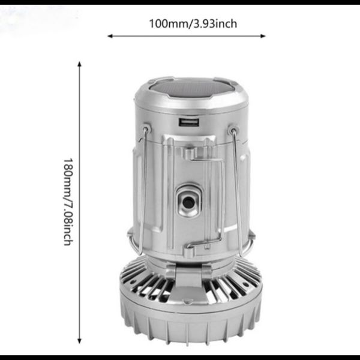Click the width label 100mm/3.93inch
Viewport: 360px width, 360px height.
193,24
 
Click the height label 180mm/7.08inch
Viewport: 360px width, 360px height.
68,202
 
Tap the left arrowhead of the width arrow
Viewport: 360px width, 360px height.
110,36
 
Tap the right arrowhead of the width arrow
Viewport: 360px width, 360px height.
263,36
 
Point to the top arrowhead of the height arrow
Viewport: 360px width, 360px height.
79,64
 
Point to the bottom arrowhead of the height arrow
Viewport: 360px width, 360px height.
79,341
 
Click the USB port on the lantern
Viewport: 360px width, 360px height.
189,122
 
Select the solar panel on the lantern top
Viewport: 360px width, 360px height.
192,88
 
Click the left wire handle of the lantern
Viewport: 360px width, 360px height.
142,191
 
